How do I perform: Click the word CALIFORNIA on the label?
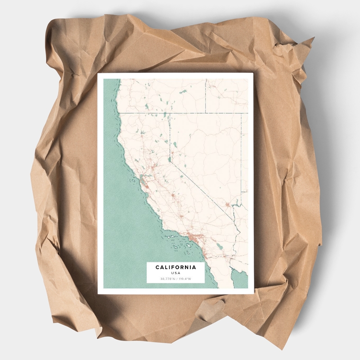tap(175, 267)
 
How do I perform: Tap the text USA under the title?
tap(175, 273)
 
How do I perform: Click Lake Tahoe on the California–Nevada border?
tap(171, 158)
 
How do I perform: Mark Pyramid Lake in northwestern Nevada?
tap(174, 145)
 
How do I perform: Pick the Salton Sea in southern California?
tap(219, 246)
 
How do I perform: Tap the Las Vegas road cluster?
tap(228, 205)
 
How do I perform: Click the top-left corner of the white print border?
tap(98, 73)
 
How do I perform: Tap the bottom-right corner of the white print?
tap(254, 294)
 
